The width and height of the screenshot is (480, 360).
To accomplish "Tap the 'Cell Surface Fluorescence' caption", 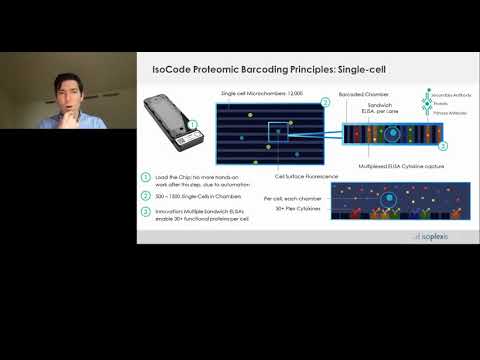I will click(303, 176).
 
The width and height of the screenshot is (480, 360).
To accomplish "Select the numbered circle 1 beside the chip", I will click(192, 126).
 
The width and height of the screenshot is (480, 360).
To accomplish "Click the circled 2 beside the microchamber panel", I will click(325, 101).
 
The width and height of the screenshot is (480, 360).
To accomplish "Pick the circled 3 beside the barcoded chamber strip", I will click(442, 146).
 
